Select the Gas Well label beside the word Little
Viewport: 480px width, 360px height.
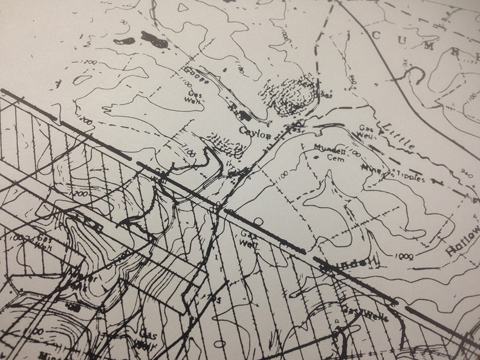click(x=366, y=132)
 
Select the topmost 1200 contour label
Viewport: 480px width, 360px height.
click(x=89, y=62)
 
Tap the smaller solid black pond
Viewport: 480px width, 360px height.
click(x=124, y=42)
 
